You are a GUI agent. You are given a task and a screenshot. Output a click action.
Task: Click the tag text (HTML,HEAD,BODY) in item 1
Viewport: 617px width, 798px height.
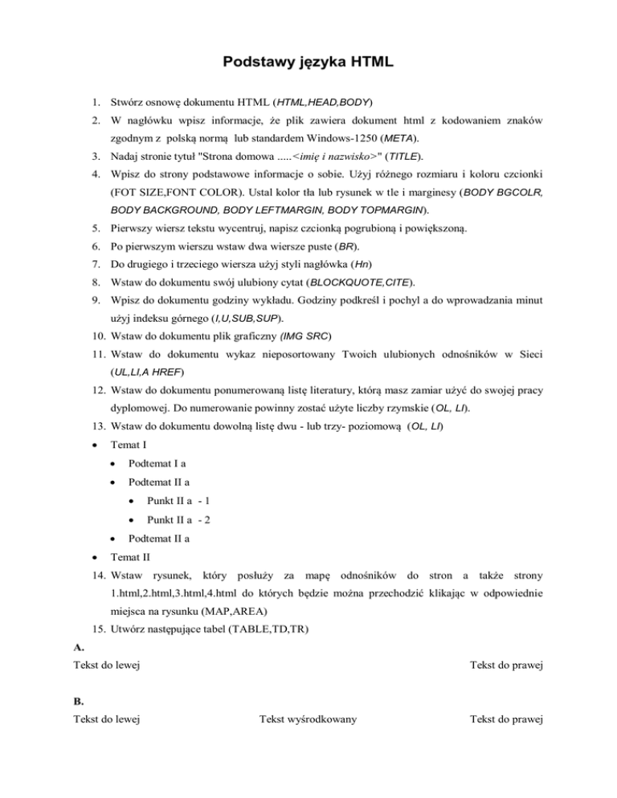[x=322, y=104]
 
